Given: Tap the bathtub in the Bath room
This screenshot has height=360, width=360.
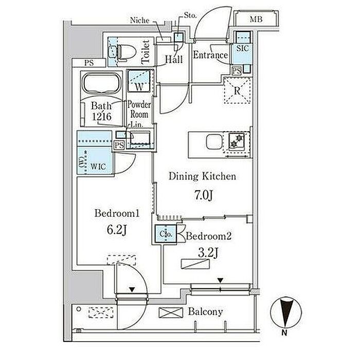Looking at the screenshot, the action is tap(101, 83).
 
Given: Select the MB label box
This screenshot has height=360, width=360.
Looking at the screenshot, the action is tap(256, 20).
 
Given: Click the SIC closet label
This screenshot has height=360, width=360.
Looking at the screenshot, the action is tap(242, 48).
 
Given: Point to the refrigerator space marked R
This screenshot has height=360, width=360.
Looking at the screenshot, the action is tap(237, 91).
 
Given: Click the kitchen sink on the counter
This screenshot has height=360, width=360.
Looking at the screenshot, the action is tap(214, 142).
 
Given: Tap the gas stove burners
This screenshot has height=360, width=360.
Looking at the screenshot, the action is tap(237, 141).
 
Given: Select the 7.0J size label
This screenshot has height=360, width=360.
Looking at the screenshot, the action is tap(204, 195).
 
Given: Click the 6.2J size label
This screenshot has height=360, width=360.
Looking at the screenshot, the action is tap(117, 229).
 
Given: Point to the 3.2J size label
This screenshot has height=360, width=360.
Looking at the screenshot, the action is tap(208, 253).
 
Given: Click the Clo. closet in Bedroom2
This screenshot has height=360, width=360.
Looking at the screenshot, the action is tap(166, 234).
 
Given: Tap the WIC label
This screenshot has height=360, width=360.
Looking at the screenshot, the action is tap(98, 167).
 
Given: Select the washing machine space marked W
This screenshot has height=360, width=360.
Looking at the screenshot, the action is tap(139, 81).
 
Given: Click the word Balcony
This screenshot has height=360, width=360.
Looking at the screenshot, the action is tap(206, 312).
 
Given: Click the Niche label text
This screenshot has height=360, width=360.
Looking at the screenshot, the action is tap(139, 20).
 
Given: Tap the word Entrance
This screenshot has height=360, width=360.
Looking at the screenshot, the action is tap(210, 55).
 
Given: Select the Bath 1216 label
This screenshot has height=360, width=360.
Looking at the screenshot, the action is tap(101, 111).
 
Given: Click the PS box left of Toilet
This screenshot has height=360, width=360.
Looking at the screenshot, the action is tap(89, 63).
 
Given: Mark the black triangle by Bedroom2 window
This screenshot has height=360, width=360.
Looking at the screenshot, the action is tap(221, 281).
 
